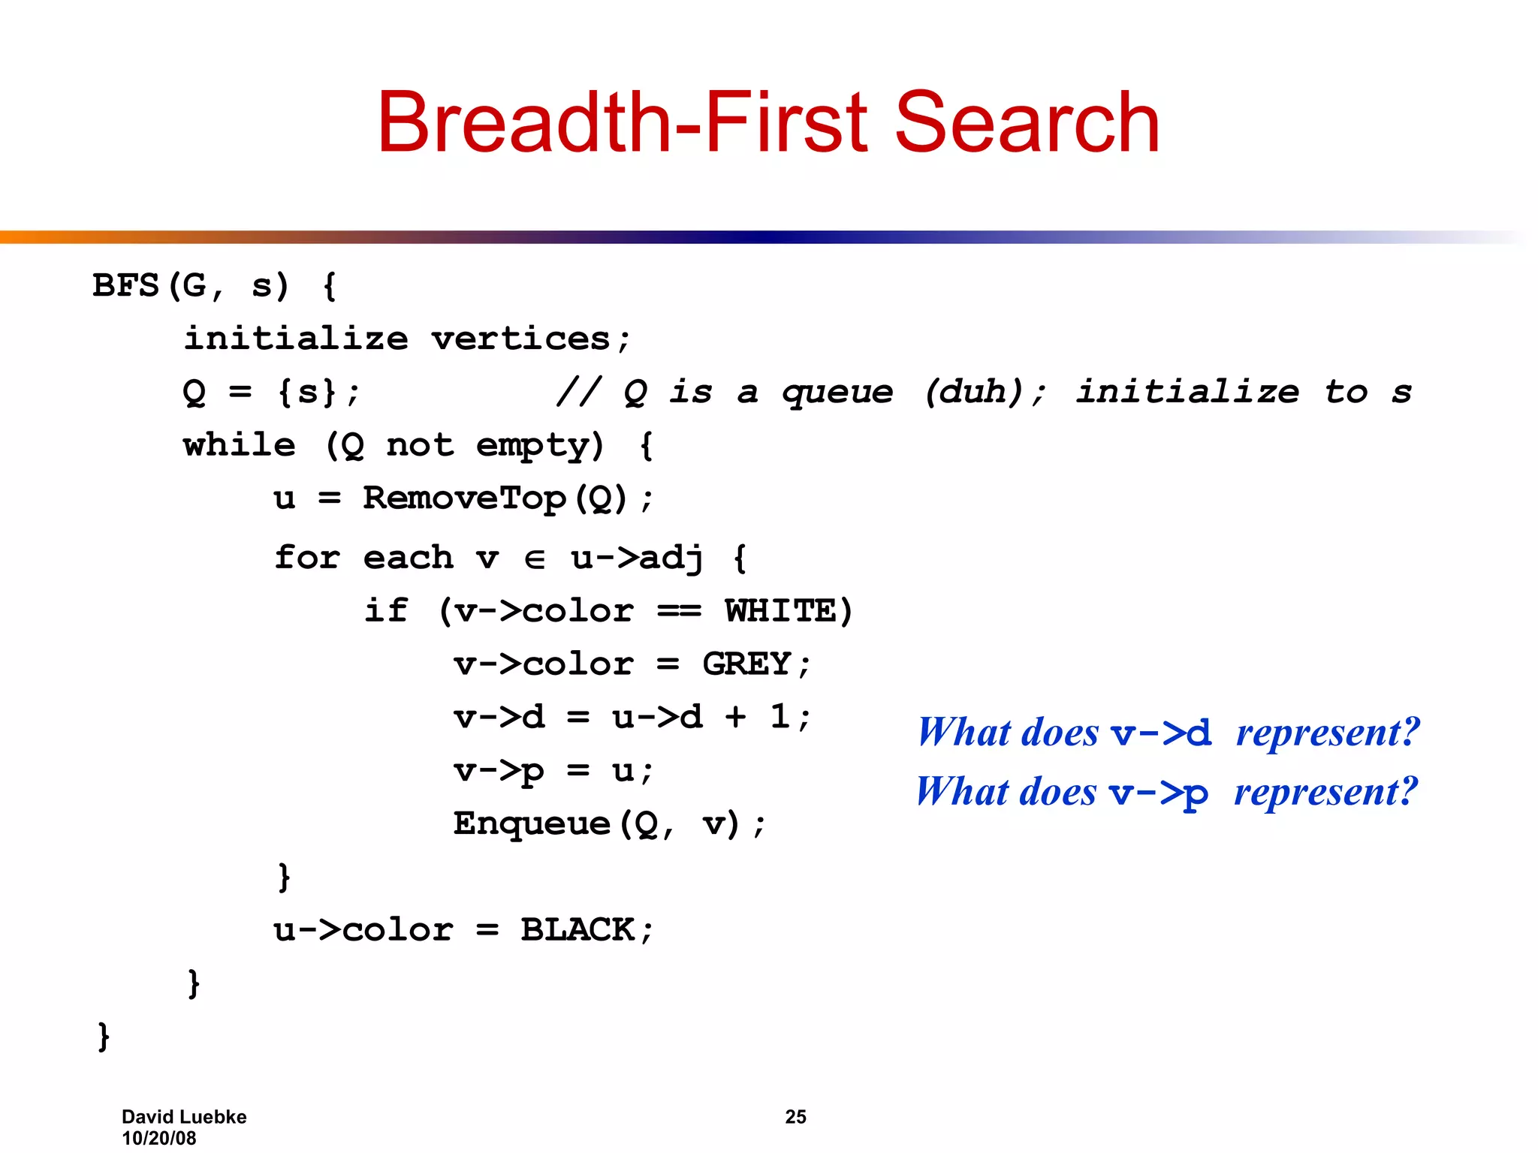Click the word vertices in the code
520,339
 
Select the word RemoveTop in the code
464,498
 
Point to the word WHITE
780,611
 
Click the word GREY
746,664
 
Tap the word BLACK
578,930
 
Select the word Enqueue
531,824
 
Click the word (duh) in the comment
975,392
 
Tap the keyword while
239,446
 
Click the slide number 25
795,1117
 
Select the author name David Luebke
184,1117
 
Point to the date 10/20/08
159,1138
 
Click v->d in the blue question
1161,733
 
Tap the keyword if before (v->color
386,610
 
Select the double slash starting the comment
578,392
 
